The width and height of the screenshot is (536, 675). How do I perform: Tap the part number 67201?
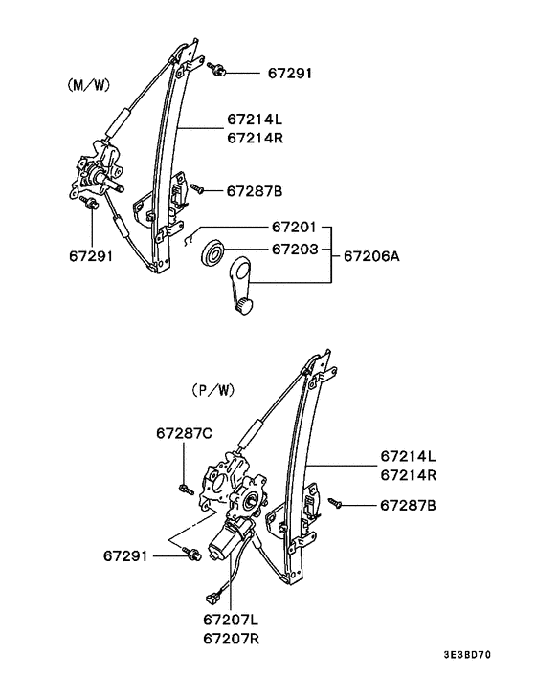294,228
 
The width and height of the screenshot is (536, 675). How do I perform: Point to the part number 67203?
294,249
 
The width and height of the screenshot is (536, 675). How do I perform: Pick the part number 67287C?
184,433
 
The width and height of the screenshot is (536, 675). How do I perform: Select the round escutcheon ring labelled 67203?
213,254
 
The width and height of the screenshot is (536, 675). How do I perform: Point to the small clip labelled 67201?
190,239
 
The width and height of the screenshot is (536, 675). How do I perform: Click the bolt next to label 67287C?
183,489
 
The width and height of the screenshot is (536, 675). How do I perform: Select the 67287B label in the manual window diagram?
254,191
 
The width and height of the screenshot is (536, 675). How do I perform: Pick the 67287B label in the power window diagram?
409,504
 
